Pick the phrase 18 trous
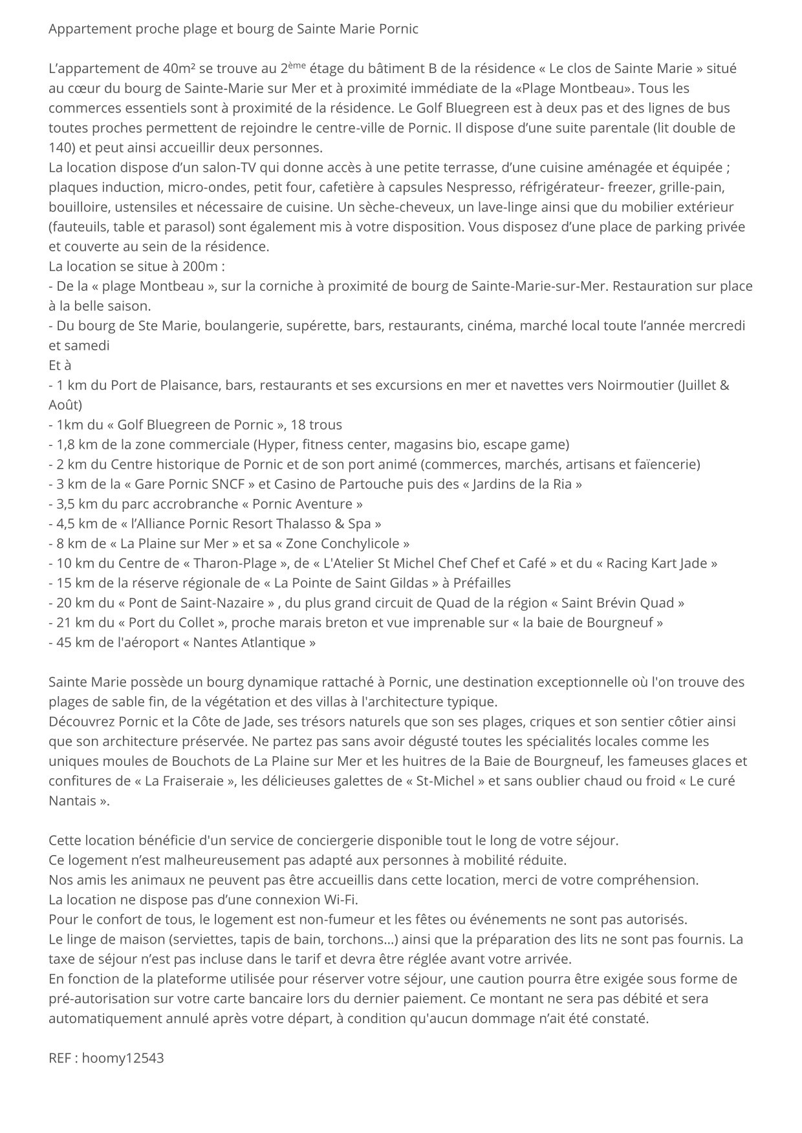click(x=316, y=425)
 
